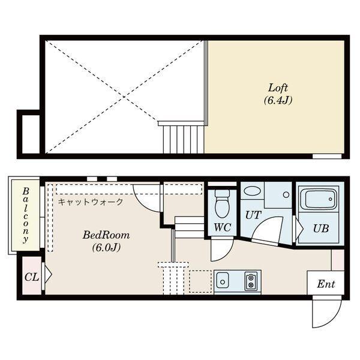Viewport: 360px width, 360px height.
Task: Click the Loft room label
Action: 278,88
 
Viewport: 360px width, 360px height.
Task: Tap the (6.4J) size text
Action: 278,100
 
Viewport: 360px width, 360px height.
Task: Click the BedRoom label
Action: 106,235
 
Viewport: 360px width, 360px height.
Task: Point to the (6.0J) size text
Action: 106,247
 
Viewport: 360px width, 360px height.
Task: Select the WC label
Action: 222,227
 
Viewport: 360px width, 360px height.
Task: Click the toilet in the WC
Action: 222,203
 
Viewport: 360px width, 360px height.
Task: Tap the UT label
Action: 253,215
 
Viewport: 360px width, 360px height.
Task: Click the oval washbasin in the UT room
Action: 252,191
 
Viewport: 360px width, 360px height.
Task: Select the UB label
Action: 321,229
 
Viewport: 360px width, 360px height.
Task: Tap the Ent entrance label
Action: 326,284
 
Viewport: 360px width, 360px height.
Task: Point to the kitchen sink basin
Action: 222,281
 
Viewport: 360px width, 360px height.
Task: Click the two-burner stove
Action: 251,281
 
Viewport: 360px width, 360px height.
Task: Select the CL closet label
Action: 32,277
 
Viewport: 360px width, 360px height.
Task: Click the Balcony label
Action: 25,215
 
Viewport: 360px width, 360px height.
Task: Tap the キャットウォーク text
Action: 91,202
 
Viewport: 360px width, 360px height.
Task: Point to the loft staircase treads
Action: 184,140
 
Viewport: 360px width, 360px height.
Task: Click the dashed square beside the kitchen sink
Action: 200,281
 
